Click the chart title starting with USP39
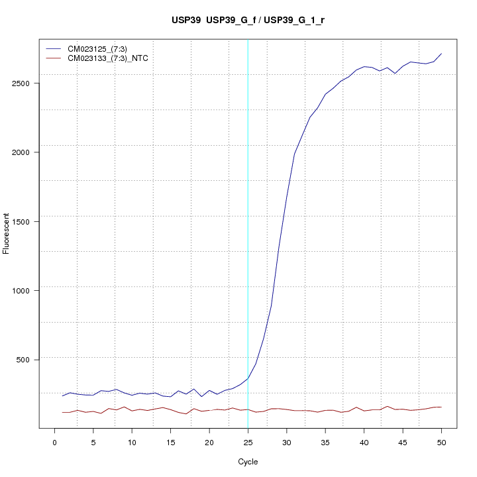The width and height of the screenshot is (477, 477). [x=248, y=20]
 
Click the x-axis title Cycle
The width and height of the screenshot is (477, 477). [x=248, y=462]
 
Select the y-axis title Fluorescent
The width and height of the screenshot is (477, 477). [x=7, y=233]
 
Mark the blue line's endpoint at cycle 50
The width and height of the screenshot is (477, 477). [x=441, y=54]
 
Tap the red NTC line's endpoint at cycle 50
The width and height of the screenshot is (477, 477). [x=441, y=407]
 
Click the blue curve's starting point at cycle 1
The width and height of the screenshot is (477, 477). [x=62, y=396]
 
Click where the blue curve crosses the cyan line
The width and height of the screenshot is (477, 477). [x=248, y=378]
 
